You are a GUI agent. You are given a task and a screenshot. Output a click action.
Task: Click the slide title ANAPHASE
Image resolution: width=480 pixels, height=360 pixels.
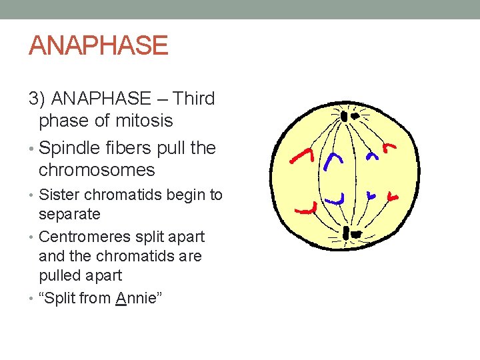(x=98, y=45)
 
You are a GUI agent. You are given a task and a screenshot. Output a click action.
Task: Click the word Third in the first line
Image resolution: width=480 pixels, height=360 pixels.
(x=193, y=99)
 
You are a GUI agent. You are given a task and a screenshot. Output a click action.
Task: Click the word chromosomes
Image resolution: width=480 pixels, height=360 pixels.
(x=97, y=170)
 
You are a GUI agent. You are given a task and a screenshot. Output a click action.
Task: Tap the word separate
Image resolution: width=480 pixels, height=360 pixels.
(x=69, y=214)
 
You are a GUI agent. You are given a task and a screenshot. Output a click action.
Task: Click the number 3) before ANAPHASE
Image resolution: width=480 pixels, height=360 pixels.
(x=37, y=99)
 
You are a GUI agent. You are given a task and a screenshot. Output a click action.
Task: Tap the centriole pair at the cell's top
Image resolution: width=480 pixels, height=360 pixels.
(x=349, y=116)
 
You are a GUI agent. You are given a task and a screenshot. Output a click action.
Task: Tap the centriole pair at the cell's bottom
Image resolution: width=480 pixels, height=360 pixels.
(x=349, y=233)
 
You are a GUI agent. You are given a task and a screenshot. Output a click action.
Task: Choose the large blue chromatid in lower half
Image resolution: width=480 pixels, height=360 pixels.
(x=337, y=198)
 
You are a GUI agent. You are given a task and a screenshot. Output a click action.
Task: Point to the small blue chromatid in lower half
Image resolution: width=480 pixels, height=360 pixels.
(x=371, y=195)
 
